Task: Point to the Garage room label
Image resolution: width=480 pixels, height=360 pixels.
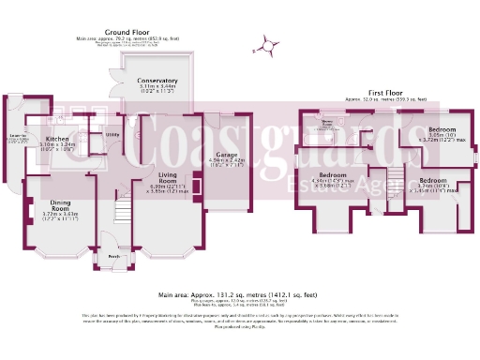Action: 225,154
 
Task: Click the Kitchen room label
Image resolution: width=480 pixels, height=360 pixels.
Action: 58,139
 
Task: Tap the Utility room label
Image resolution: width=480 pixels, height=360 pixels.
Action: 112,134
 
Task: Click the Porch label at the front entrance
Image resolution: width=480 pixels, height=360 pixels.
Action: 113,255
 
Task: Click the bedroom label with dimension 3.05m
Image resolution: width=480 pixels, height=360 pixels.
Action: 442,127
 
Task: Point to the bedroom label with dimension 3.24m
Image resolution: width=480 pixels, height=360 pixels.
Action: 432,179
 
